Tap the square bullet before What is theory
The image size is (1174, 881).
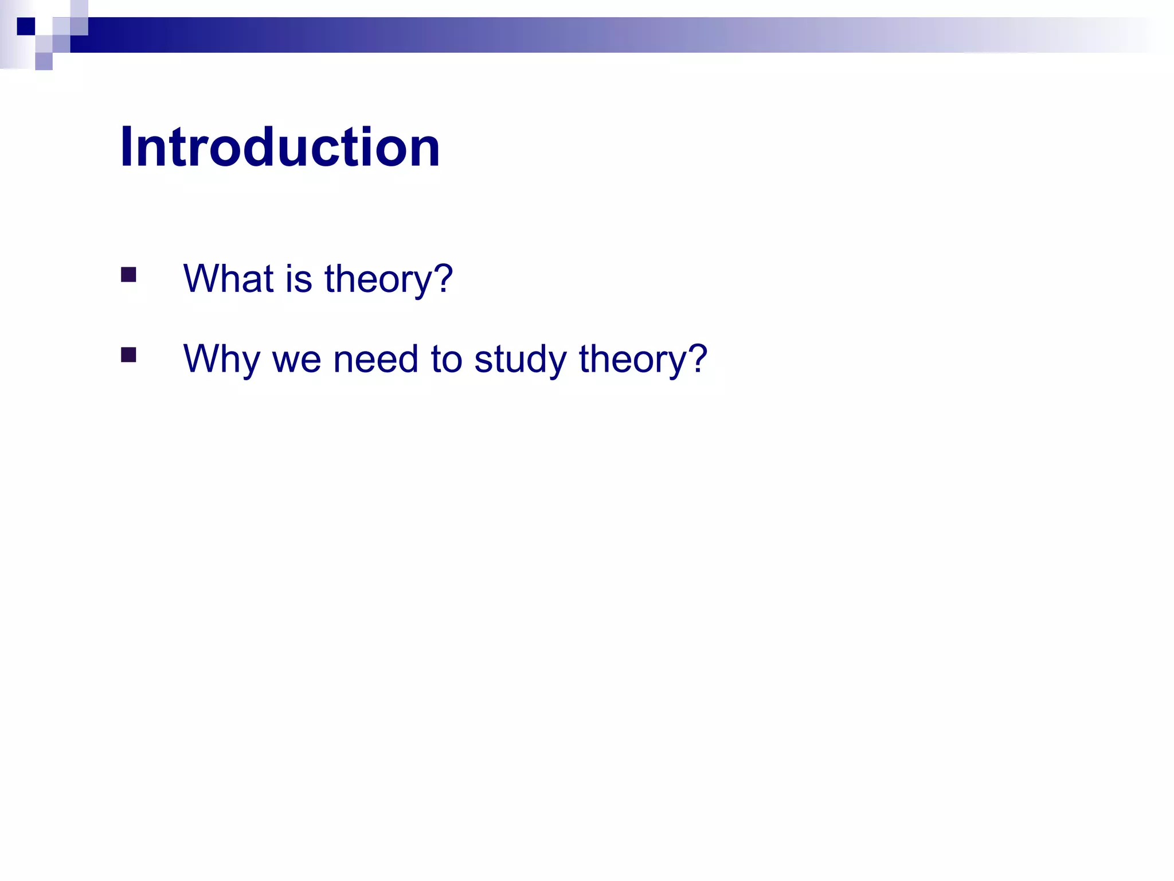tap(128, 275)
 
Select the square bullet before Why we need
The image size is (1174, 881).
tap(128, 355)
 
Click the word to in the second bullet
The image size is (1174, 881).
tap(446, 359)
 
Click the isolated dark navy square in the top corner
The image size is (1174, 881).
tap(26, 26)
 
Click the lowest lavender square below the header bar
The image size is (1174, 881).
tap(44, 61)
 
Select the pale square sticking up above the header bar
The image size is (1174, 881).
tap(79, 9)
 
